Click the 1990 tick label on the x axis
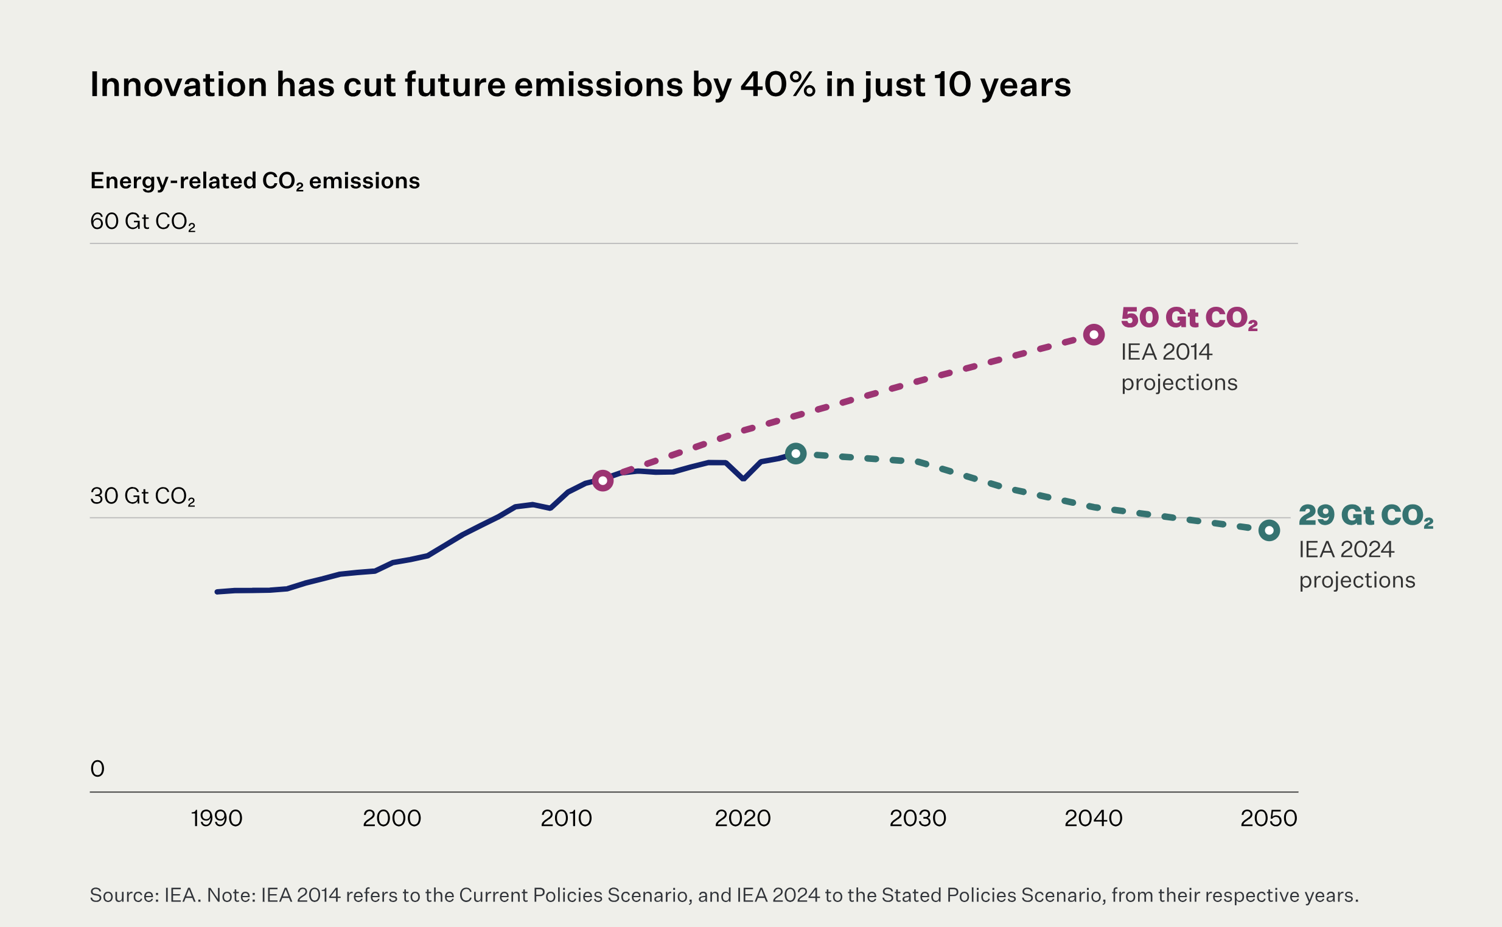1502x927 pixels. click(217, 819)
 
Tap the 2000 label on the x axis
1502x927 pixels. click(392, 819)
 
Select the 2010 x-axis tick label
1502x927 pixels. click(566, 819)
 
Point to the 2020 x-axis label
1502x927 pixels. click(742, 819)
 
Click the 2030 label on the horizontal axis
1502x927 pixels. click(918, 819)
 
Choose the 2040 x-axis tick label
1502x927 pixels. click(1093, 819)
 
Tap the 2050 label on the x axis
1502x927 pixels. click(1268, 819)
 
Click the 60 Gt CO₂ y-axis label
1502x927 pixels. click(142, 222)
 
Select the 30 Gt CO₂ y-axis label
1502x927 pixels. click(142, 496)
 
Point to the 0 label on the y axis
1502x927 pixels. click(97, 769)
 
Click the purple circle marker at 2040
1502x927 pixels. click(1094, 335)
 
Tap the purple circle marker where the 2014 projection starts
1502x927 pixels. click(603, 481)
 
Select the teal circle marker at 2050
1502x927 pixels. click(1269, 530)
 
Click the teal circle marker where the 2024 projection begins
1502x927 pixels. click(796, 453)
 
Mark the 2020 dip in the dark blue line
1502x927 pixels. click(743, 478)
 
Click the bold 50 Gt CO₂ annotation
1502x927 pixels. click(1189, 318)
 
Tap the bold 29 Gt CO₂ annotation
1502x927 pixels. click(1366, 516)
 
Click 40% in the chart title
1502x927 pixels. click(778, 85)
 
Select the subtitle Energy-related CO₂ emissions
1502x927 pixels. click(254, 181)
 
